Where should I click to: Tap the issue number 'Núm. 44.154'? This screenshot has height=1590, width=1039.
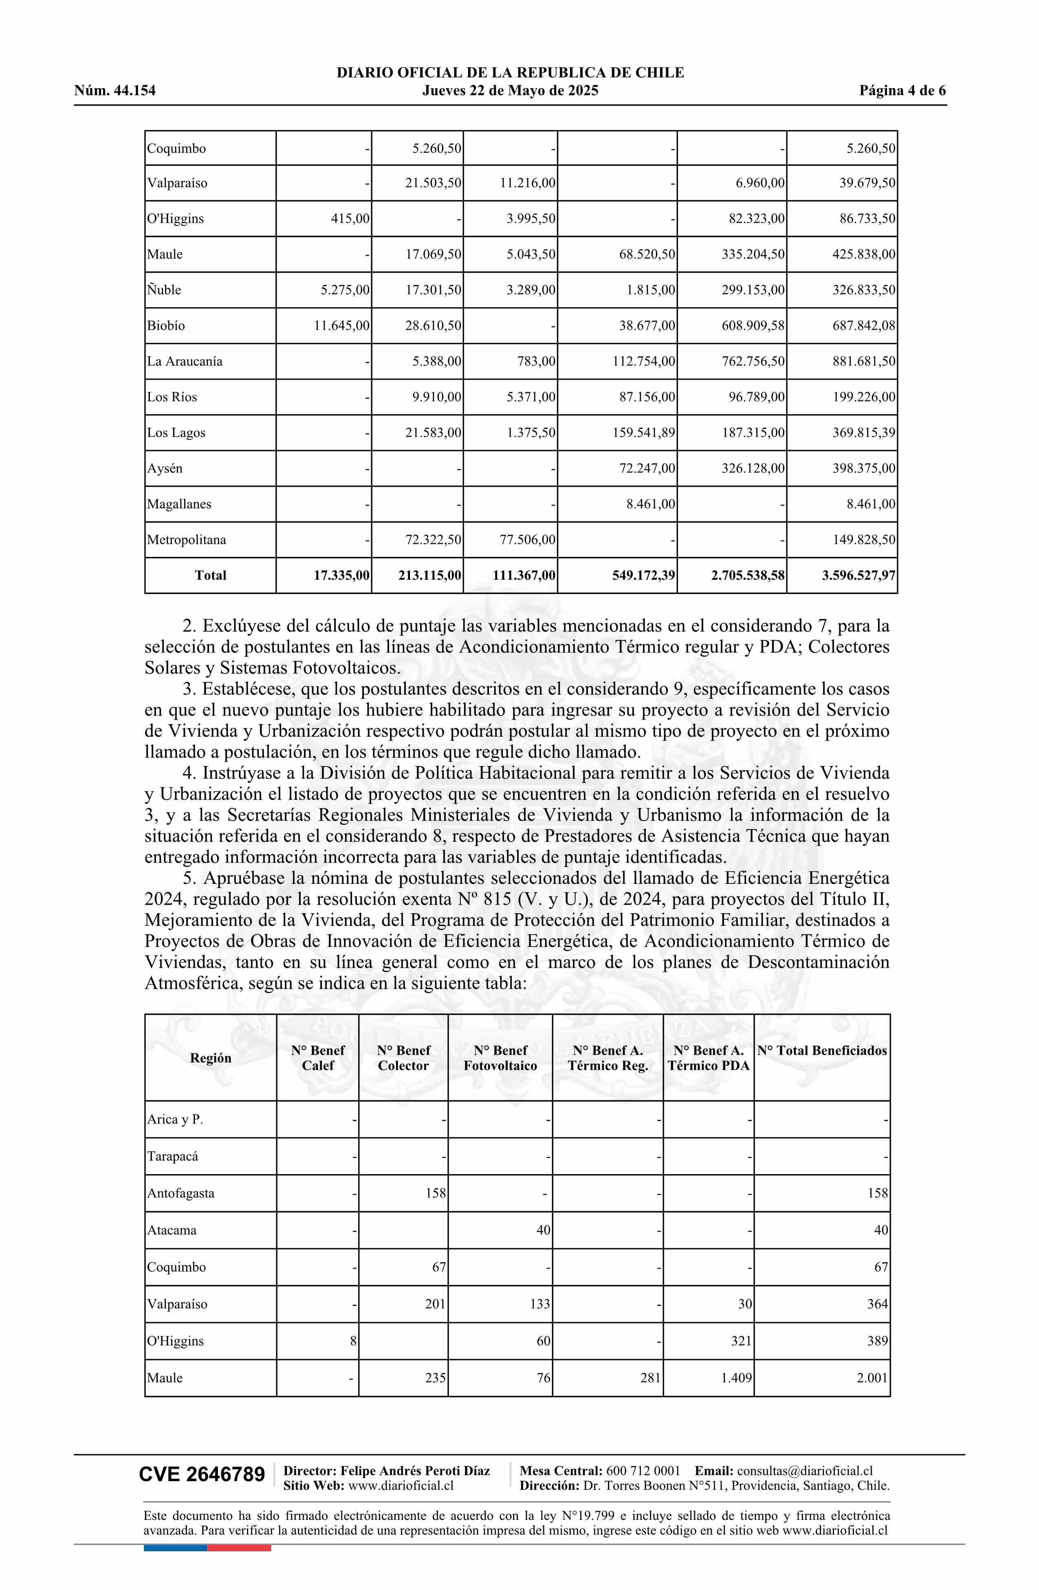115,91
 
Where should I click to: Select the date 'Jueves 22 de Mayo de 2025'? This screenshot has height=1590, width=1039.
510,91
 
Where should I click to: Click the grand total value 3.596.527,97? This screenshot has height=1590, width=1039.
859,575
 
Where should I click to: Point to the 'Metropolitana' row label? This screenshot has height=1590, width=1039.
186,540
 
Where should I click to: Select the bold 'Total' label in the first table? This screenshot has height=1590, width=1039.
210,575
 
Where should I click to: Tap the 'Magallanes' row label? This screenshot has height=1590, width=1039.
179,504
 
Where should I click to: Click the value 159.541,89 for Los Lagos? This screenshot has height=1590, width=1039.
644,433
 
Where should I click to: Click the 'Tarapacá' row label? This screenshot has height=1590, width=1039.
172,1157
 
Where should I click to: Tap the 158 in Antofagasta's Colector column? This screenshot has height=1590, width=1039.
436,1193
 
